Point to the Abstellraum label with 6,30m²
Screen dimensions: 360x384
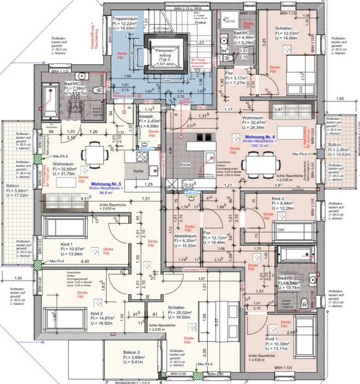(185, 236)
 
